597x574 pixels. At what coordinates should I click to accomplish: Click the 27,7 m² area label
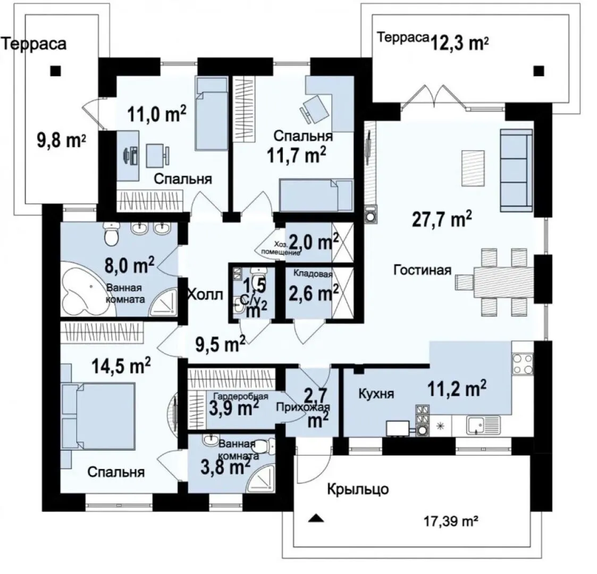[x=442, y=220]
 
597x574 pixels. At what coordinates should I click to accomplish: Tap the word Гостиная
[x=422, y=271]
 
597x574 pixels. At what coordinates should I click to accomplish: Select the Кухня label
[x=376, y=394]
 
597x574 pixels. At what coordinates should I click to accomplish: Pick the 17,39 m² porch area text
[x=451, y=520]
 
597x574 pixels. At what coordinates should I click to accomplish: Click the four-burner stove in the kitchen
[x=523, y=364]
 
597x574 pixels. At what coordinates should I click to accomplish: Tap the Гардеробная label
[x=240, y=396]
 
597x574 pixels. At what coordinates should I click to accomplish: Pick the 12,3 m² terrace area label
[x=460, y=44]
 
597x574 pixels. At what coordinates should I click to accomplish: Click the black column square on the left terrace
[x=56, y=71]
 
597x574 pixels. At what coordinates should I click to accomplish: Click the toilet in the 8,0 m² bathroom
[x=111, y=234]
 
